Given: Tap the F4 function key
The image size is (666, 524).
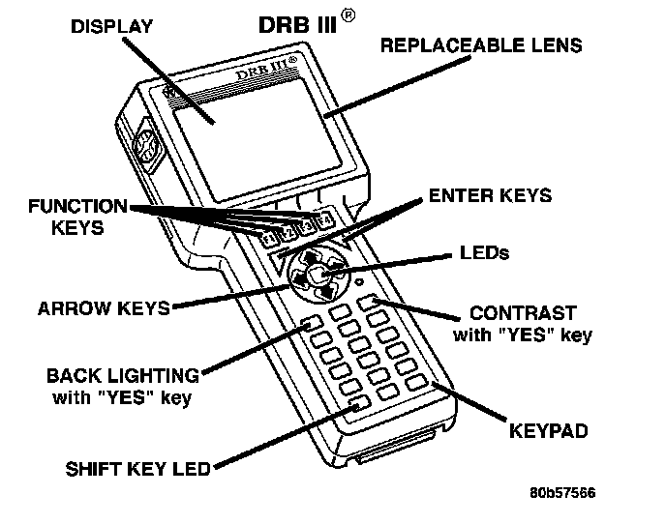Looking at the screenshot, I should pyautogui.click(x=327, y=218).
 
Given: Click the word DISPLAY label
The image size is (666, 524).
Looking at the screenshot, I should pyautogui.click(x=111, y=27).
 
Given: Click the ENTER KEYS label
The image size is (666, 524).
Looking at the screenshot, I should pyautogui.click(x=490, y=195).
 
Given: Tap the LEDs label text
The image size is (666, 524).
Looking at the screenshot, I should pyautogui.click(x=485, y=253).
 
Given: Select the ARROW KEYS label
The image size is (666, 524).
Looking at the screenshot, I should pyautogui.click(x=104, y=309).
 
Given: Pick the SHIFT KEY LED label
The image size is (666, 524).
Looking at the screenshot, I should pyautogui.click(x=137, y=470).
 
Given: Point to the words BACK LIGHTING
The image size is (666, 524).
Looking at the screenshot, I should pyautogui.click(x=123, y=375).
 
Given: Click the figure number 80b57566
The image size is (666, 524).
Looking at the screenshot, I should pyautogui.click(x=562, y=493).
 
